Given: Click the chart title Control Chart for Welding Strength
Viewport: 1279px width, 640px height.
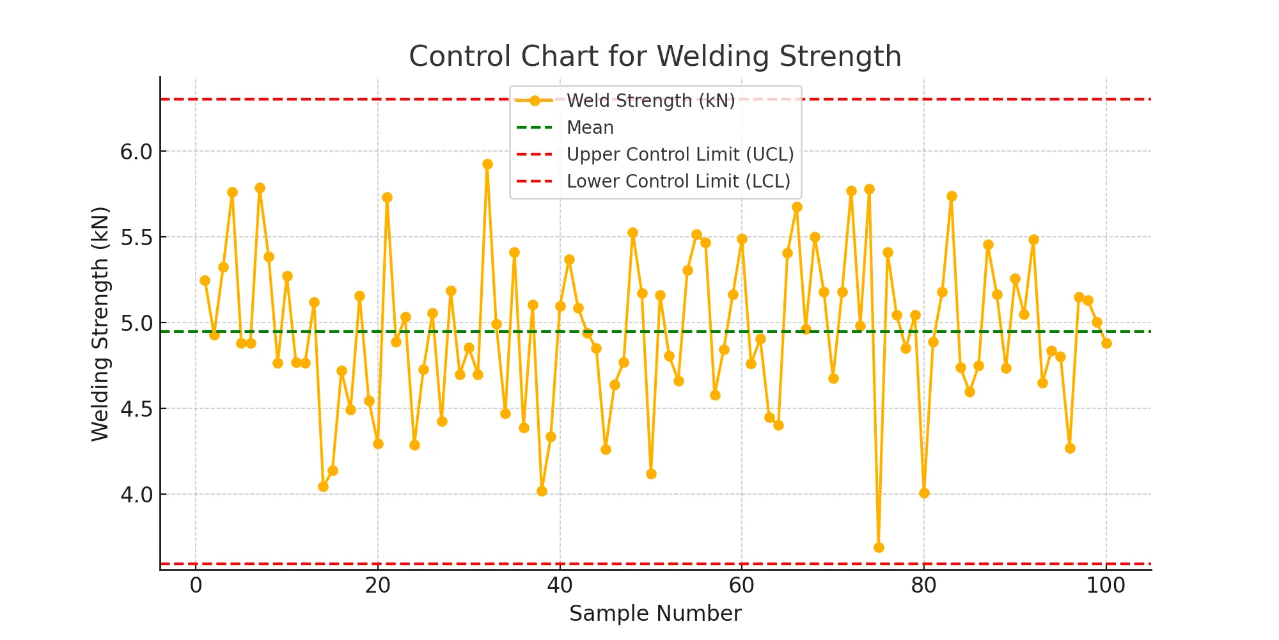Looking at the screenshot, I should pos(655,56).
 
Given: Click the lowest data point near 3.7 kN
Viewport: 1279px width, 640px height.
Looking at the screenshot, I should pos(879,547).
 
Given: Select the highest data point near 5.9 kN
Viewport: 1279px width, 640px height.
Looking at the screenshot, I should pos(487,164).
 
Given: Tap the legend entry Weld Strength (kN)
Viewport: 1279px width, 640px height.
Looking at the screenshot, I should pos(650,100).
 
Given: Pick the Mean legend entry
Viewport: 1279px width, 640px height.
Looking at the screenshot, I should pos(590,127).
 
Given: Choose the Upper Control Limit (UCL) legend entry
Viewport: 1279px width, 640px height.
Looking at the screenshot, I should pos(680,154).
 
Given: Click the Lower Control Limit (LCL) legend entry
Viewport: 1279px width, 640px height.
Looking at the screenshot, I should pos(678,181).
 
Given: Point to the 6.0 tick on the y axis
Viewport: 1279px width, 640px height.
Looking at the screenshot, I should pos(136,152).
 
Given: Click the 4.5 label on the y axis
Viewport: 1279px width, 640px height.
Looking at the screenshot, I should pos(136,409).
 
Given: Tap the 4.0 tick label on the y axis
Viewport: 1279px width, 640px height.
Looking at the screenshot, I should pos(136,495).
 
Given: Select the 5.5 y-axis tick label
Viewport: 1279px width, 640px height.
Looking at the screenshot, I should pos(136,237).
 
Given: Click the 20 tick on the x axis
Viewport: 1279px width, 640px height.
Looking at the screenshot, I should pos(378,585).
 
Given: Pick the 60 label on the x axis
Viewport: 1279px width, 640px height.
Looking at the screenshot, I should pos(742,585).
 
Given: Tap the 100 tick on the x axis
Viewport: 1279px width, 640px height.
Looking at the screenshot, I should pos(1106,585).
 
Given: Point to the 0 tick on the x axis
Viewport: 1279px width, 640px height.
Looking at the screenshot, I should pos(196,585).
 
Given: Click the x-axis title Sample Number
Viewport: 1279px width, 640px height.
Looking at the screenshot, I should pos(655,613).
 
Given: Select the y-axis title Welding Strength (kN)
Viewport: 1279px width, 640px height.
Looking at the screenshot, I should pos(100,323).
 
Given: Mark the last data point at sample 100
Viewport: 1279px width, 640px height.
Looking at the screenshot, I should pos(1106,343).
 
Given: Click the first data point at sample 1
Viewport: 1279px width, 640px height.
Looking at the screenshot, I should pos(205,280).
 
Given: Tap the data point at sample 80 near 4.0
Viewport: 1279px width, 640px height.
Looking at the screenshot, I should pos(924,493).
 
